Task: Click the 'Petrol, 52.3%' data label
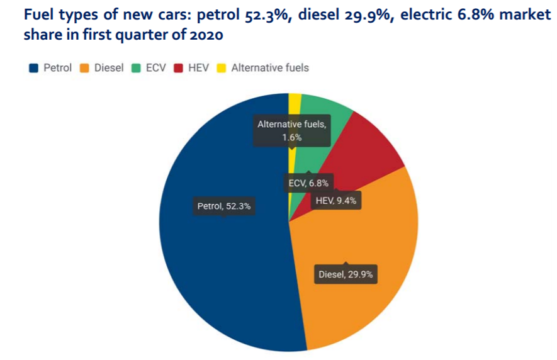(x=223, y=206)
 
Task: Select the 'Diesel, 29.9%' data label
(x=346, y=274)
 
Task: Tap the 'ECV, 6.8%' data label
(x=308, y=183)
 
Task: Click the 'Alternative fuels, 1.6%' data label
(x=291, y=130)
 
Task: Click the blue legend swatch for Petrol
(x=33, y=68)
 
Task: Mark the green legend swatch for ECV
(x=135, y=68)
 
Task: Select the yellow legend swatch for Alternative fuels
(x=222, y=68)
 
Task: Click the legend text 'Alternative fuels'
(x=270, y=68)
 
